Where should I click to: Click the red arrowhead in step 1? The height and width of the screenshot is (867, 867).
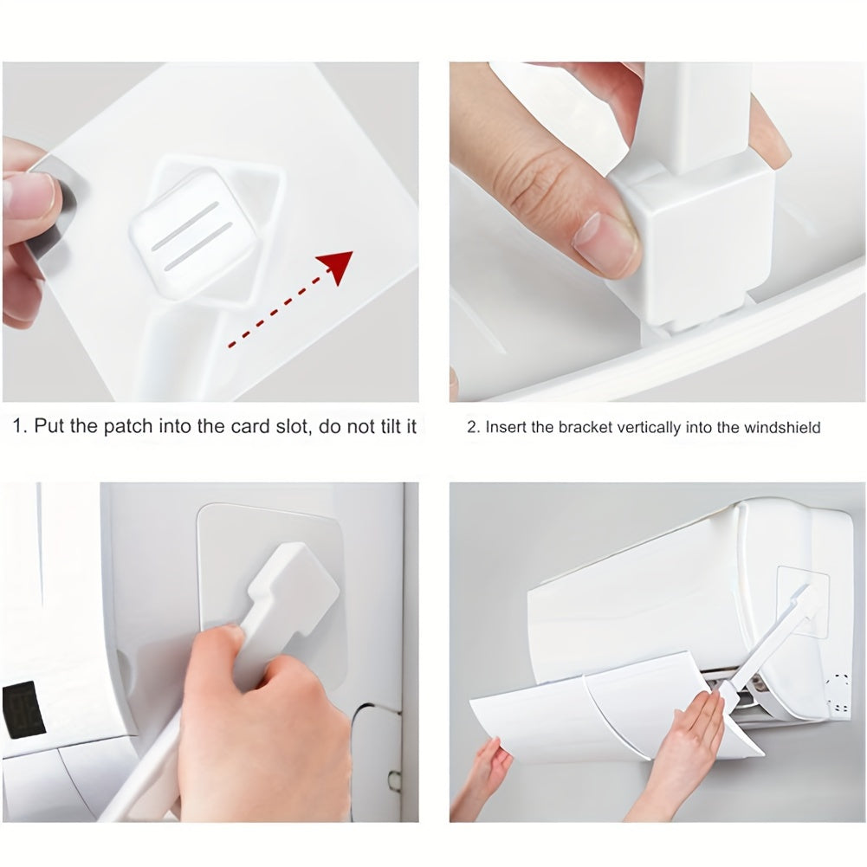coord(337,265)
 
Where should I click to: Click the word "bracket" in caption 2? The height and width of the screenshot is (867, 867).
coord(586,427)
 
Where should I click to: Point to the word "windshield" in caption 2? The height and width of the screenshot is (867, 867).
coord(782,427)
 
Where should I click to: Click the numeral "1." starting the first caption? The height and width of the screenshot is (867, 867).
coord(20,426)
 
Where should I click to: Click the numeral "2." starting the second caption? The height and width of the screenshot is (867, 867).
coord(474,427)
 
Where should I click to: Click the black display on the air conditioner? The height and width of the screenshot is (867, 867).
coord(23,709)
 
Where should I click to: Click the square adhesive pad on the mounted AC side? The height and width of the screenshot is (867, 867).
coord(803,601)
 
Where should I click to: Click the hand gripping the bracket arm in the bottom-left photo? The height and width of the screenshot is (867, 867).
coord(265,724)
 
